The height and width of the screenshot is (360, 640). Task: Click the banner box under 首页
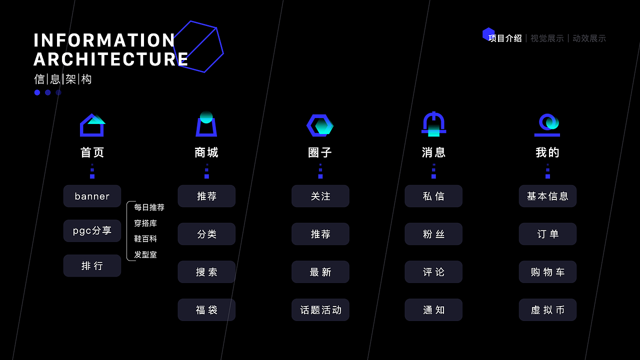pyautogui.click(x=92, y=196)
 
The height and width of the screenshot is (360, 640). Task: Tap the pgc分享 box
pyautogui.click(x=92, y=230)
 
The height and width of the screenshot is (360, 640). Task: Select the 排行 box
pyautogui.click(x=92, y=265)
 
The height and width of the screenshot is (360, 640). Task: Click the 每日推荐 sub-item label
pyautogui.click(x=149, y=207)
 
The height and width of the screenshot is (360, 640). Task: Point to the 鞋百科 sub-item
pyautogui.click(x=145, y=238)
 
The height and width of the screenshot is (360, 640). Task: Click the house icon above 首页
pyautogui.click(x=92, y=125)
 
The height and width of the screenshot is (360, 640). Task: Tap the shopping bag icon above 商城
pyautogui.click(x=206, y=124)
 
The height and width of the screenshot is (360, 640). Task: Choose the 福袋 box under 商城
pyautogui.click(x=206, y=310)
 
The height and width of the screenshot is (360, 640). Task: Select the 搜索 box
pyautogui.click(x=206, y=272)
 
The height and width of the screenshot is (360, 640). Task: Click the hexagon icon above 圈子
pyautogui.click(x=320, y=125)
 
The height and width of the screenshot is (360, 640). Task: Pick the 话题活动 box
pyautogui.click(x=320, y=310)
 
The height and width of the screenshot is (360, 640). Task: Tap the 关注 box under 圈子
pyautogui.click(x=320, y=196)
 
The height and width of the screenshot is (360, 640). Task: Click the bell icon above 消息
pyautogui.click(x=433, y=124)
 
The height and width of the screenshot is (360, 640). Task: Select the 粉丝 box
pyautogui.click(x=433, y=234)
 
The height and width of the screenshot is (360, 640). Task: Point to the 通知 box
pyautogui.click(x=433, y=310)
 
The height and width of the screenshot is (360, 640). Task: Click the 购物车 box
pyautogui.click(x=547, y=272)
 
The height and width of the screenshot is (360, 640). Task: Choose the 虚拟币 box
pyautogui.click(x=547, y=310)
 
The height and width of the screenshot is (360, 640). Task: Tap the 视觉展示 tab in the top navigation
pyautogui.click(x=547, y=38)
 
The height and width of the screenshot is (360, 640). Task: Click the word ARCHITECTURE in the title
pyautogui.click(x=110, y=59)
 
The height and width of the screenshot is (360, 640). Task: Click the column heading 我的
pyautogui.click(x=547, y=152)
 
